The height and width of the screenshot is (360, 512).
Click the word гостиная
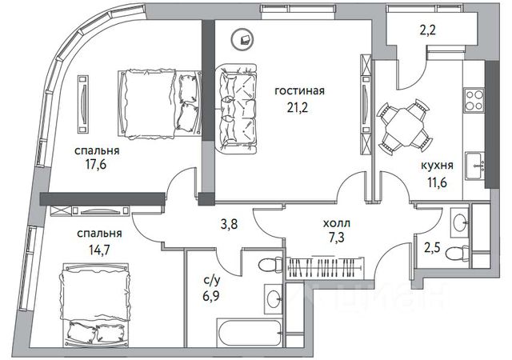pos(300,91)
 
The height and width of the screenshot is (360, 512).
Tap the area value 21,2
pos(298,107)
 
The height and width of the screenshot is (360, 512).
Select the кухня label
pos(437,166)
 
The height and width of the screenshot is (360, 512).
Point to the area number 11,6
pos(438,182)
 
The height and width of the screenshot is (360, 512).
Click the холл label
pos(337,223)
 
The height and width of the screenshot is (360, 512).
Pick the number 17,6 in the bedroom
pos(96,165)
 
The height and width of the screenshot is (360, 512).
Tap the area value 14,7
pos(99,250)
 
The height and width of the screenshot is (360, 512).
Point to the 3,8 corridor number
pos(230,224)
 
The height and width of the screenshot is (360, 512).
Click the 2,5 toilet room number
pos(432,247)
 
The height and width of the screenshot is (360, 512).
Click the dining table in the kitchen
pos(404,127)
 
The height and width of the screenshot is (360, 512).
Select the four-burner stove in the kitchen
pos(474,100)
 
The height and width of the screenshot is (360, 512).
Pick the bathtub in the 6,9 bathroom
pos(250,333)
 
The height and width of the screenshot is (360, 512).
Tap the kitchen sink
pos(474,166)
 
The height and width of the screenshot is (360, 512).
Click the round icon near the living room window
pos(242,39)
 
